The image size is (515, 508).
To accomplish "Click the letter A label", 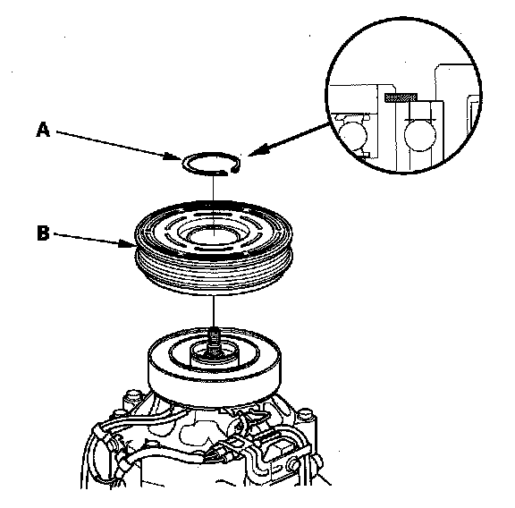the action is click(43, 129).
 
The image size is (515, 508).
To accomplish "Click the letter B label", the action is click(43, 233).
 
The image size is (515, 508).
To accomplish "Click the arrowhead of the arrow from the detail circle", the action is click(257, 150).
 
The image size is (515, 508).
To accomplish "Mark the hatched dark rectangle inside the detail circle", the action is click(401, 97).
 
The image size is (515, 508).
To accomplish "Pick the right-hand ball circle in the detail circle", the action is click(419, 135).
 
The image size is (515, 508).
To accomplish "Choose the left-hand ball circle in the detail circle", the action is click(353, 135).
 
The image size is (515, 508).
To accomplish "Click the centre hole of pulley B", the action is click(214, 235).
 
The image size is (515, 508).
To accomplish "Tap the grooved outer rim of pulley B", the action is click(214, 273).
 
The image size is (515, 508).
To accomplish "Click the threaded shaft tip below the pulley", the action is click(214, 338).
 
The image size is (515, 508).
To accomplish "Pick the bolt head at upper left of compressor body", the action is click(134, 396).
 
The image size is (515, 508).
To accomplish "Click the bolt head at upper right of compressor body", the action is click(306, 415).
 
